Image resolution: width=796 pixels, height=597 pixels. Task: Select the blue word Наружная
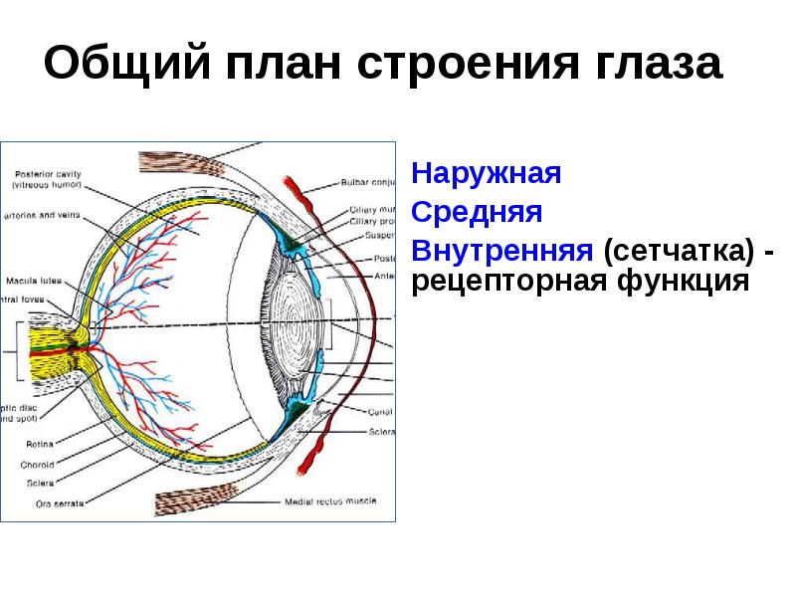[x=488, y=174]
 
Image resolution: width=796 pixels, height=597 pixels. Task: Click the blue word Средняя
[x=478, y=211]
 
